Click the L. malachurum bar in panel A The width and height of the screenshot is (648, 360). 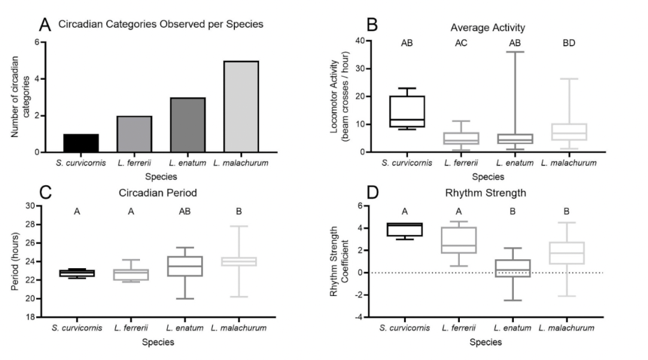[x=241, y=106]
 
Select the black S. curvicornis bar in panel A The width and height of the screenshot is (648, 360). [x=80, y=143]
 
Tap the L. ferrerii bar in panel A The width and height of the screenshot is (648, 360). [x=134, y=134]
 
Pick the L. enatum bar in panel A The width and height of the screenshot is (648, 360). [x=187, y=125]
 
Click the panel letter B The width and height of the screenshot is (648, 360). [x=372, y=25]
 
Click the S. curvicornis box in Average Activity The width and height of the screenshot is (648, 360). [x=406, y=112]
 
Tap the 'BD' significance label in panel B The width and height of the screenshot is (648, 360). [x=568, y=44]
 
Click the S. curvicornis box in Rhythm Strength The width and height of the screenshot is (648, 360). [x=406, y=229]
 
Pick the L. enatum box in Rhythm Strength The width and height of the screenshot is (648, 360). [x=514, y=268]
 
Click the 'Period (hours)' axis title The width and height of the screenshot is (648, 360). [x=15, y=261]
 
